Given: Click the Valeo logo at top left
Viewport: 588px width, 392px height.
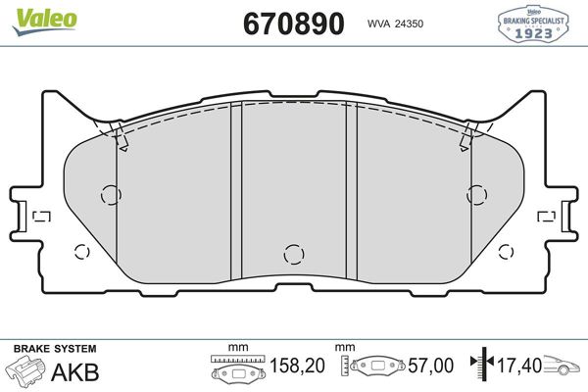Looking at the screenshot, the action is [x=44, y=21].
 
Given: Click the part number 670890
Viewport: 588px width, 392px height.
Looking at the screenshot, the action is [x=294, y=24].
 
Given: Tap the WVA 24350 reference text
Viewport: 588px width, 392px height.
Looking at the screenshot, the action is [x=395, y=24].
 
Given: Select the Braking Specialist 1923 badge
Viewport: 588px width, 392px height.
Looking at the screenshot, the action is [x=533, y=24].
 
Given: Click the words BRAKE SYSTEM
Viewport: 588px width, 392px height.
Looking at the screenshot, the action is [x=55, y=349].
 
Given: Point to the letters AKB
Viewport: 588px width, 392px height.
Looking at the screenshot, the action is [x=75, y=372].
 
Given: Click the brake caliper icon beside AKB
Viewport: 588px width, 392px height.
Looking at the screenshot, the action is [x=25, y=370].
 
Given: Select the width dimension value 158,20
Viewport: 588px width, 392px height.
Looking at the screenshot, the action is [x=297, y=366].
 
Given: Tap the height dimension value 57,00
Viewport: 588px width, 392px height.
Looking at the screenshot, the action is [x=430, y=366].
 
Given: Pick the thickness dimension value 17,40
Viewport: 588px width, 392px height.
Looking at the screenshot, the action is [x=519, y=365].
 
